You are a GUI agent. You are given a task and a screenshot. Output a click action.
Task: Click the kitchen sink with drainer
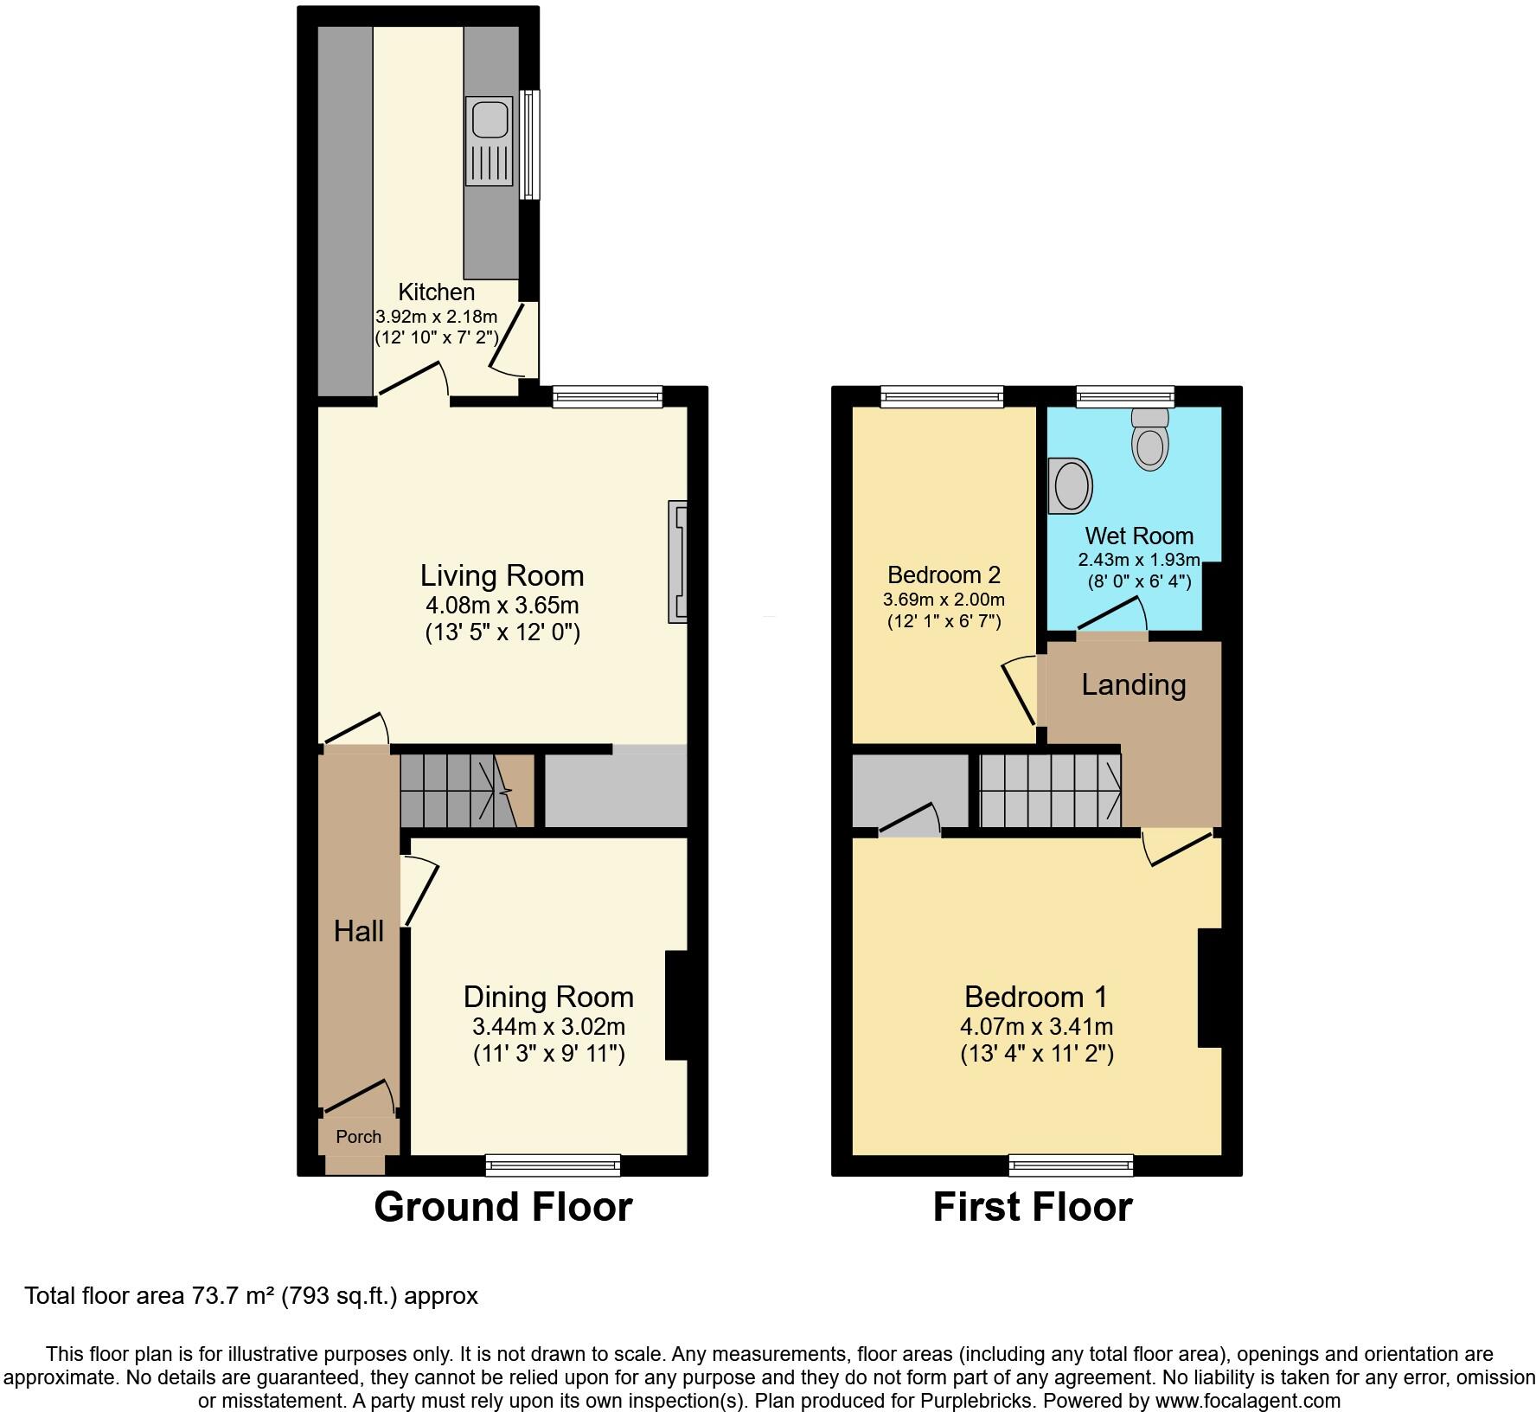[490, 140]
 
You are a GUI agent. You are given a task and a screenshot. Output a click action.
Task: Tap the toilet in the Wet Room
[1149, 439]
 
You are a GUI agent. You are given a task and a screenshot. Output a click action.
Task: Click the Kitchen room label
[436, 292]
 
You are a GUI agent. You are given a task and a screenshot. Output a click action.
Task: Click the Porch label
[358, 1137]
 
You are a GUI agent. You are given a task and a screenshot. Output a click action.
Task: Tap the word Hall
[359, 932]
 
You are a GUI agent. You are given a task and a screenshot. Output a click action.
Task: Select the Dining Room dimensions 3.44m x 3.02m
[548, 1027]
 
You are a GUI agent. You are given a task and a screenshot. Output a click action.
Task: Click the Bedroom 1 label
[1035, 997]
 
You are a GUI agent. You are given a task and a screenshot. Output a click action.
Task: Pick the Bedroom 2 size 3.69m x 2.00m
[944, 600]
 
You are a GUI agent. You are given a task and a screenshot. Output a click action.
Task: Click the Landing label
[1133, 685]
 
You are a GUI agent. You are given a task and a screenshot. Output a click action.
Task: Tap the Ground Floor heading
[502, 1207]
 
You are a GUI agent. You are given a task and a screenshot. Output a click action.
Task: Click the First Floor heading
[1032, 1207]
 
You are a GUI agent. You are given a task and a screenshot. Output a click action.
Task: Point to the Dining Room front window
[554, 1165]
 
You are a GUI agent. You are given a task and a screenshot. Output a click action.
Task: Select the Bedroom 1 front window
[1071, 1165]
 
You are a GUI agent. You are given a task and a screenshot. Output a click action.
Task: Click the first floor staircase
[1050, 790]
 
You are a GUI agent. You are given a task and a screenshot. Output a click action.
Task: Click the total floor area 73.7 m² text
[251, 1296]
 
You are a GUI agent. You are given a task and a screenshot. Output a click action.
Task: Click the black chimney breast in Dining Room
[675, 1005]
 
